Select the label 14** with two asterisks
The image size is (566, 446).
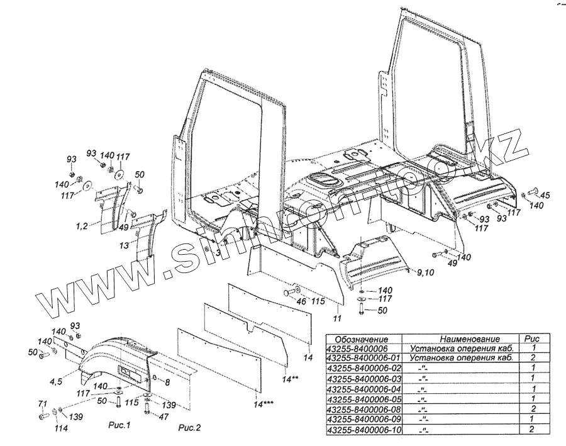[290, 379]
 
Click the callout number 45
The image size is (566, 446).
[545, 195]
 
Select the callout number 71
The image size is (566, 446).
[42, 403]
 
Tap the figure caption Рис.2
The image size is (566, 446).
[189, 428]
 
